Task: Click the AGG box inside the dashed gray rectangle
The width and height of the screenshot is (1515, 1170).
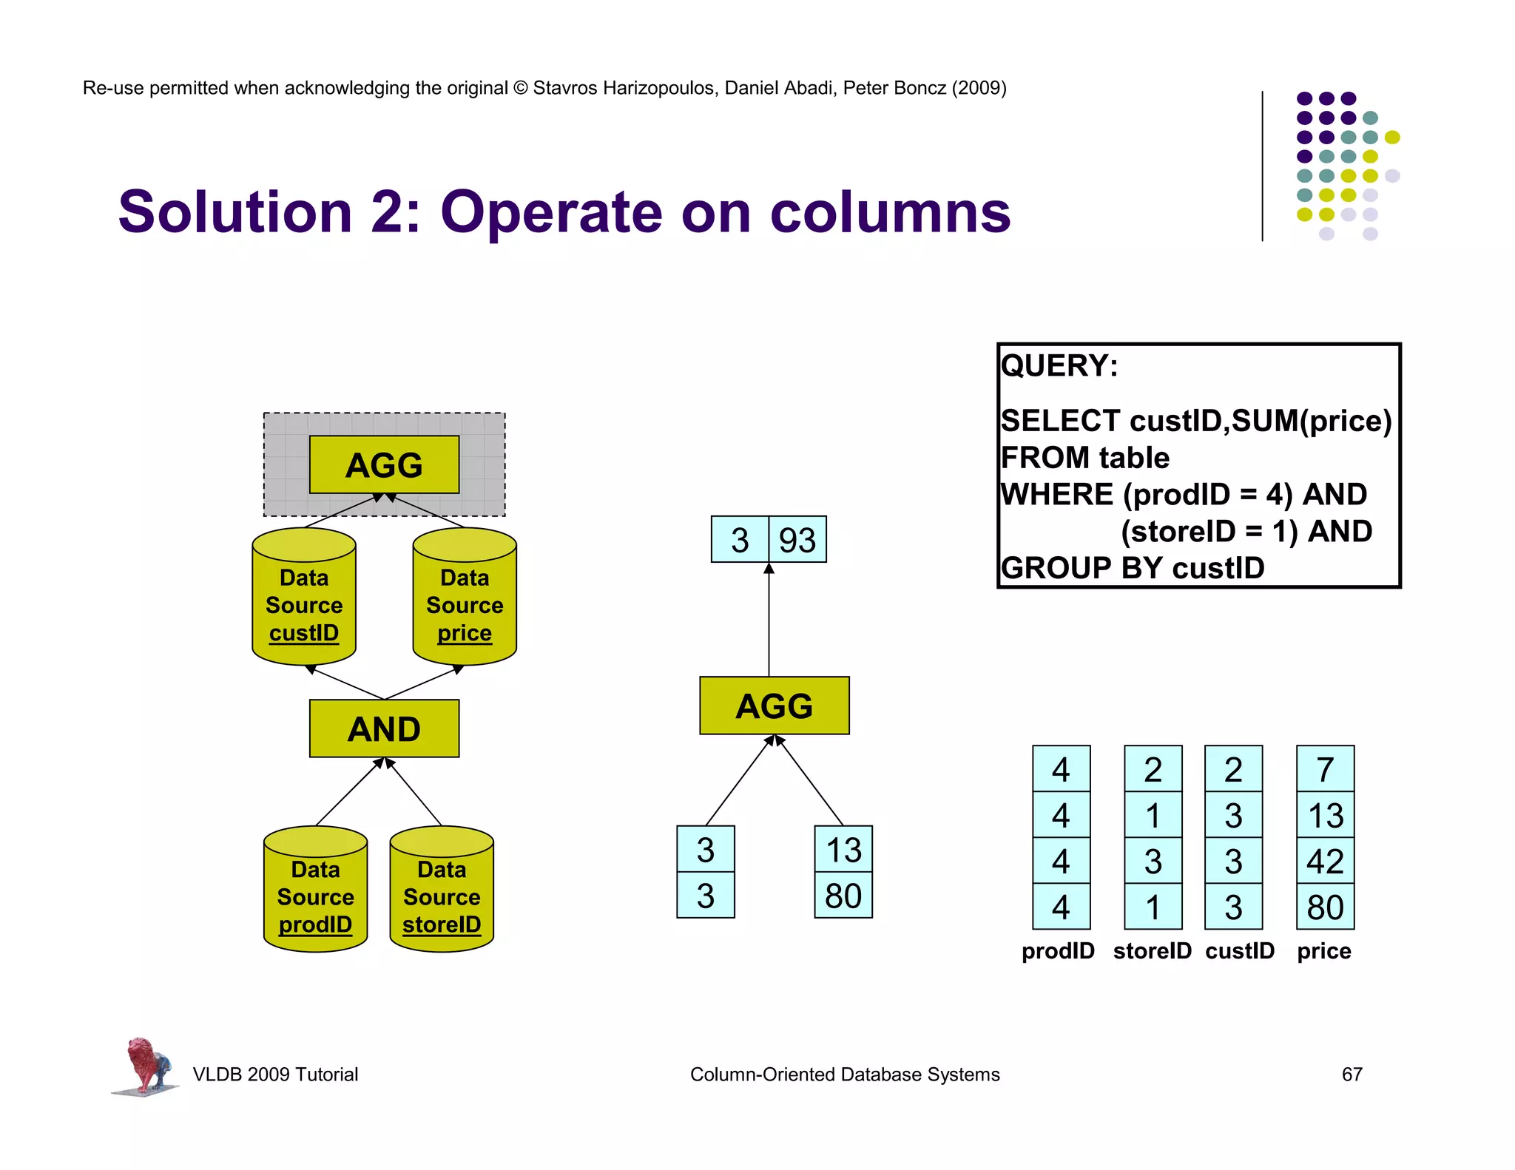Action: [384, 464]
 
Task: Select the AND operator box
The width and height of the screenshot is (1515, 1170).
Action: [384, 728]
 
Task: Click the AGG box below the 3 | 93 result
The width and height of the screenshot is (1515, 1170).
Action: [774, 706]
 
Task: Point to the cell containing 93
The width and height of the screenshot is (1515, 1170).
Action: [797, 540]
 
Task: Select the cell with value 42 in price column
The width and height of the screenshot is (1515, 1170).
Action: [1325, 861]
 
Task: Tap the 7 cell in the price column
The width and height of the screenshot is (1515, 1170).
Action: [1325, 769]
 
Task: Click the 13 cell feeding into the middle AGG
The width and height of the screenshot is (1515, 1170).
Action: [843, 849]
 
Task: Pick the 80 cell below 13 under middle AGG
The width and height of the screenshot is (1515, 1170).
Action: [843, 896]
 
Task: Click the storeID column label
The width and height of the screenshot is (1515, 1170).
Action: [1152, 951]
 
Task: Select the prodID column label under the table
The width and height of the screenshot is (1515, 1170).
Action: [1058, 951]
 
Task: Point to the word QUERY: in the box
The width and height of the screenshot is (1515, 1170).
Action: [1059, 366]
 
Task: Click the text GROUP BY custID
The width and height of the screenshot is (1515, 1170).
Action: [1132, 568]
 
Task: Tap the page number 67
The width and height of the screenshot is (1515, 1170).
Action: [1352, 1074]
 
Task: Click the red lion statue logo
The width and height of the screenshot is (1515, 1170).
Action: [146, 1065]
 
